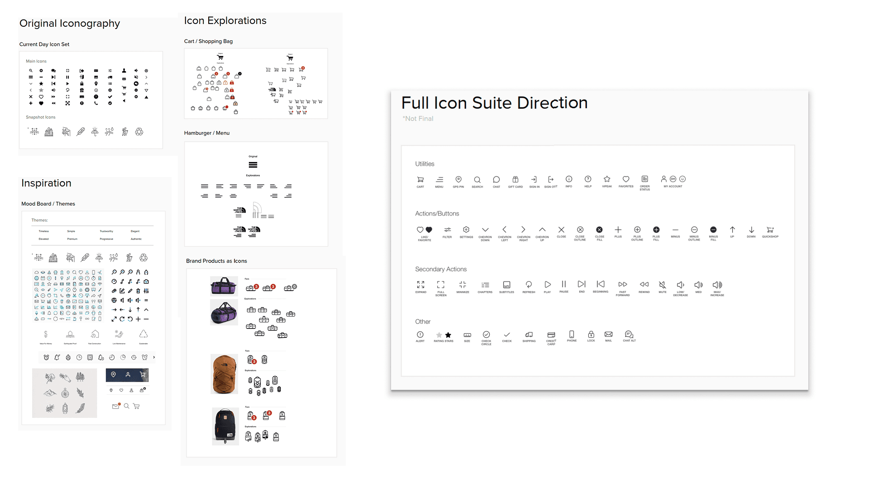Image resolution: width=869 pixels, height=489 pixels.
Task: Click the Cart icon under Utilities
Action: [420, 180]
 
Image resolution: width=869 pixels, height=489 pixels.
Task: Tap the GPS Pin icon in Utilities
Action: [458, 179]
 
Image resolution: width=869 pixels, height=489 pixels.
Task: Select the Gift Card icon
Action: [515, 179]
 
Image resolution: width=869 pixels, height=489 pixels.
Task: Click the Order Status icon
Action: [645, 179]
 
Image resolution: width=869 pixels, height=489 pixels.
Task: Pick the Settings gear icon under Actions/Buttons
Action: [466, 230]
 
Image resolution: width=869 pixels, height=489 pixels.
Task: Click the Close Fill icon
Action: [599, 230]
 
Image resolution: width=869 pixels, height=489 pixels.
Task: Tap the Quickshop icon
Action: [770, 230]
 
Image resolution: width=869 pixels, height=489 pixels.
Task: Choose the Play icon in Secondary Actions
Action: [548, 284]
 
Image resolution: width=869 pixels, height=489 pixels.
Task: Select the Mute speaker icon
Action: [662, 285]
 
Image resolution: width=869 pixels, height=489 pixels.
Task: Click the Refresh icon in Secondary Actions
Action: [529, 284]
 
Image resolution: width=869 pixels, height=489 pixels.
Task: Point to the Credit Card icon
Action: [551, 335]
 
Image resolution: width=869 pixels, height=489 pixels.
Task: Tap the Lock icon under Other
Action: [591, 335]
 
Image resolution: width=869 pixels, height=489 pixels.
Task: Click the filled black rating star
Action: [448, 335]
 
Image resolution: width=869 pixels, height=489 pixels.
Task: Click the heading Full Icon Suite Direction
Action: [494, 103]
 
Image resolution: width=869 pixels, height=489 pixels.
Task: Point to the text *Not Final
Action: [418, 119]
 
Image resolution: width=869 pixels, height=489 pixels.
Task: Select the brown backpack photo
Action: [224, 374]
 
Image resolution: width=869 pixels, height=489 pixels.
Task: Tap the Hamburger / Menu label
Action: [207, 133]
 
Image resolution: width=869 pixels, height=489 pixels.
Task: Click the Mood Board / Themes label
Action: [48, 204]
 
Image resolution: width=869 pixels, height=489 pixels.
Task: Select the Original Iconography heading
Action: [70, 24]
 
